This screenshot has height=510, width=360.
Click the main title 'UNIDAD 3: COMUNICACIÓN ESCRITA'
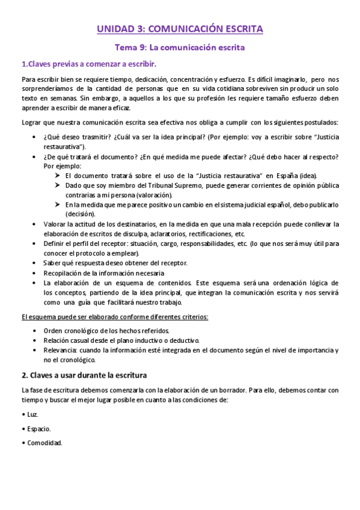[x=180, y=28]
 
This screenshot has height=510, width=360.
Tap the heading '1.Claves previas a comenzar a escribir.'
[x=90, y=64]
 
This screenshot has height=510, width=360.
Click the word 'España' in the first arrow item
[x=285, y=175]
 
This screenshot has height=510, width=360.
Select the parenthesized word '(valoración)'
[x=152, y=195]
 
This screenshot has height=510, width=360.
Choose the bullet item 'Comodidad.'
[x=44, y=443]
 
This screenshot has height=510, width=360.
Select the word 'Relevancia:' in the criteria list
[x=60, y=350]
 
